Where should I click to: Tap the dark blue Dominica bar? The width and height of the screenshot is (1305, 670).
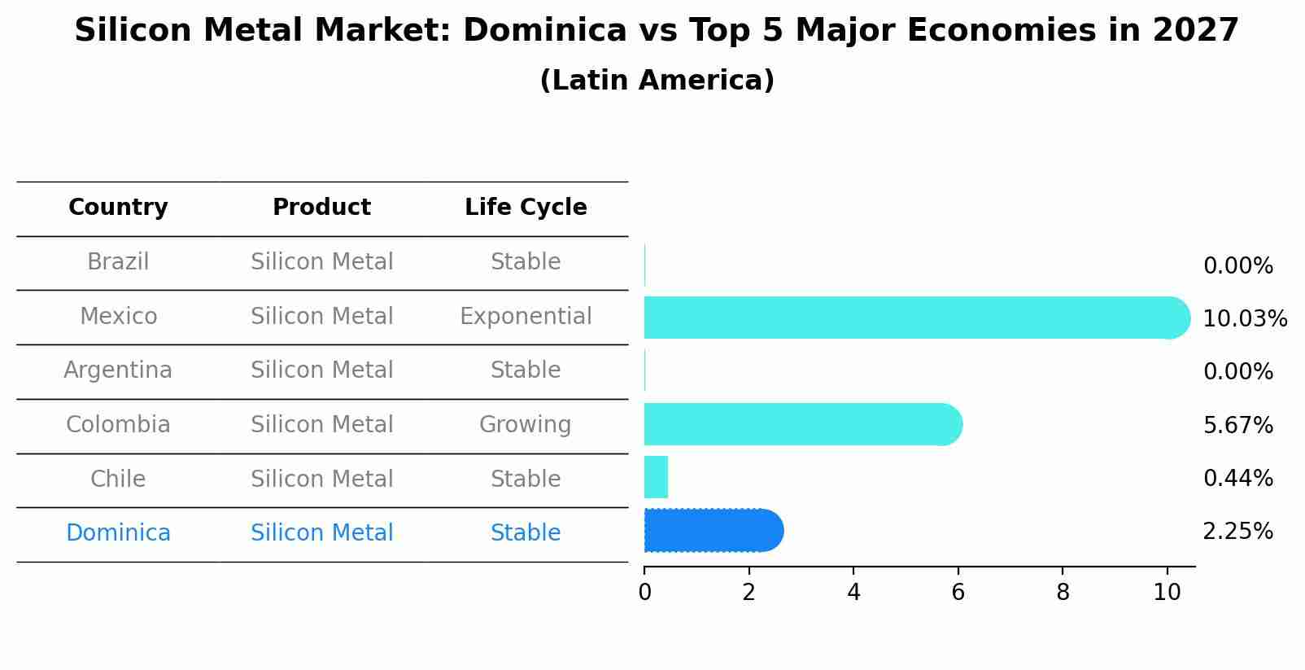(x=713, y=531)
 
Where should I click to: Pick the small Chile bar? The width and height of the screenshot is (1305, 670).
(x=656, y=477)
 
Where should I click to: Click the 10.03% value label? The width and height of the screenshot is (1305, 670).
(x=1244, y=319)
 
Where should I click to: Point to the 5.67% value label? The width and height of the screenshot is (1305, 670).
(x=1237, y=426)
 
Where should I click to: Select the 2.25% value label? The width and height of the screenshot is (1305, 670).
(x=1237, y=532)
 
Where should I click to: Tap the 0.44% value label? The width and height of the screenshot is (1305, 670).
(x=1237, y=479)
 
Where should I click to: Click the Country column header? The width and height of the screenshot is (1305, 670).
(x=118, y=208)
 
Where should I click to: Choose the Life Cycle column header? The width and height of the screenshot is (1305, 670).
(x=526, y=208)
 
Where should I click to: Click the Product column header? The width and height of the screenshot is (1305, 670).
(x=321, y=208)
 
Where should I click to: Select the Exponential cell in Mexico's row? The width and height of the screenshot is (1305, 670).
(x=526, y=317)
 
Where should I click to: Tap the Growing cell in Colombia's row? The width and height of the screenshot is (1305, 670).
(x=525, y=425)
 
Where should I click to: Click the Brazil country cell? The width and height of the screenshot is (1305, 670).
(x=118, y=262)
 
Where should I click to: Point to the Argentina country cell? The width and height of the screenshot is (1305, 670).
(x=118, y=370)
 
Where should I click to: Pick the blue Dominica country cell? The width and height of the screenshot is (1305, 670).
(x=118, y=533)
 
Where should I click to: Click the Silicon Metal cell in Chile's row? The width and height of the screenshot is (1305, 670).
(x=321, y=480)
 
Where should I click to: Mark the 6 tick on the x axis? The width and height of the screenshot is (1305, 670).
(x=958, y=593)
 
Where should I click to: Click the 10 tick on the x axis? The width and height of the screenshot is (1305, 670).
(x=1167, y=593)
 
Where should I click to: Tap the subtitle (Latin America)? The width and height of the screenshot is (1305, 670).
(x=657, y=81)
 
